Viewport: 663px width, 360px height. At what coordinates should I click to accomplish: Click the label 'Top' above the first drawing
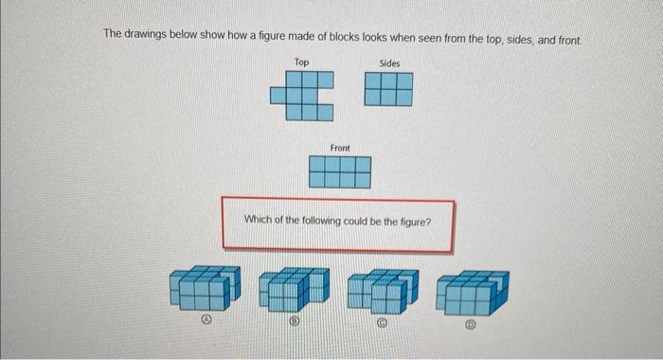[x=301, y=63]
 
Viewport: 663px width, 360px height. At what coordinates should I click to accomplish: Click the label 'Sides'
[x=389, y=63]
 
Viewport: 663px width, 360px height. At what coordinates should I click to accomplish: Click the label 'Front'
[x=340, y=148]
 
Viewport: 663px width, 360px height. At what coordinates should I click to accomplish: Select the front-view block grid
[x=340, y=171]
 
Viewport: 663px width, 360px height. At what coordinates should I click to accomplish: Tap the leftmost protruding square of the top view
[x=277, y=95]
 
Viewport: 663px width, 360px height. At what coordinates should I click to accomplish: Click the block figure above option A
[x=201, y=288]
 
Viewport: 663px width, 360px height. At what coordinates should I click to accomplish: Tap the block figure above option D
[x=474, y=288]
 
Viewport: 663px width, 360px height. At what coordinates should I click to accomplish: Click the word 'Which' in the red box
[x=259, y=219]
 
